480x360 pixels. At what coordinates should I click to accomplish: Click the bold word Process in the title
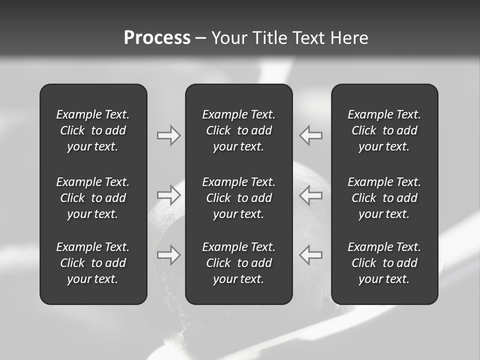coord(157,38)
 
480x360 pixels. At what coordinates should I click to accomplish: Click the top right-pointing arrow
coord(168,135)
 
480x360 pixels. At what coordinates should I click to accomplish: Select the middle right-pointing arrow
coord(168,195)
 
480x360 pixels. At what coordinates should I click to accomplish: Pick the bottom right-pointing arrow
coord(168,255)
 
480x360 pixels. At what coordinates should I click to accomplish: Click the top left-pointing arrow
coord(311,135)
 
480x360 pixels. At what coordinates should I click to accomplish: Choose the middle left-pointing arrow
coord(311,195)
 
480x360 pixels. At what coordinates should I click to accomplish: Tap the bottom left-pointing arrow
coord(311,255)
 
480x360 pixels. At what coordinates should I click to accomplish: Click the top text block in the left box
coord(93,130)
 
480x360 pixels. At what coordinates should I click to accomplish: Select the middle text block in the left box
coord(93,198)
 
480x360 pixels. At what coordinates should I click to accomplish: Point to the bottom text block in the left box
coord(93,263)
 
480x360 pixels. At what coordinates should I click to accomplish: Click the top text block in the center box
coord(239,130)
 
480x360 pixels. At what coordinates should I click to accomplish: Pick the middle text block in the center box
coord(239,198)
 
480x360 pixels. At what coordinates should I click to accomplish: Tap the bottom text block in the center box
coord(239,263)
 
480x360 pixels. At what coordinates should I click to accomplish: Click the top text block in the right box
coord(384,130)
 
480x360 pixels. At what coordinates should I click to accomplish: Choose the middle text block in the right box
coord(384,198)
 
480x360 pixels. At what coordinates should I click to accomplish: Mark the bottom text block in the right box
coord(384,263)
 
